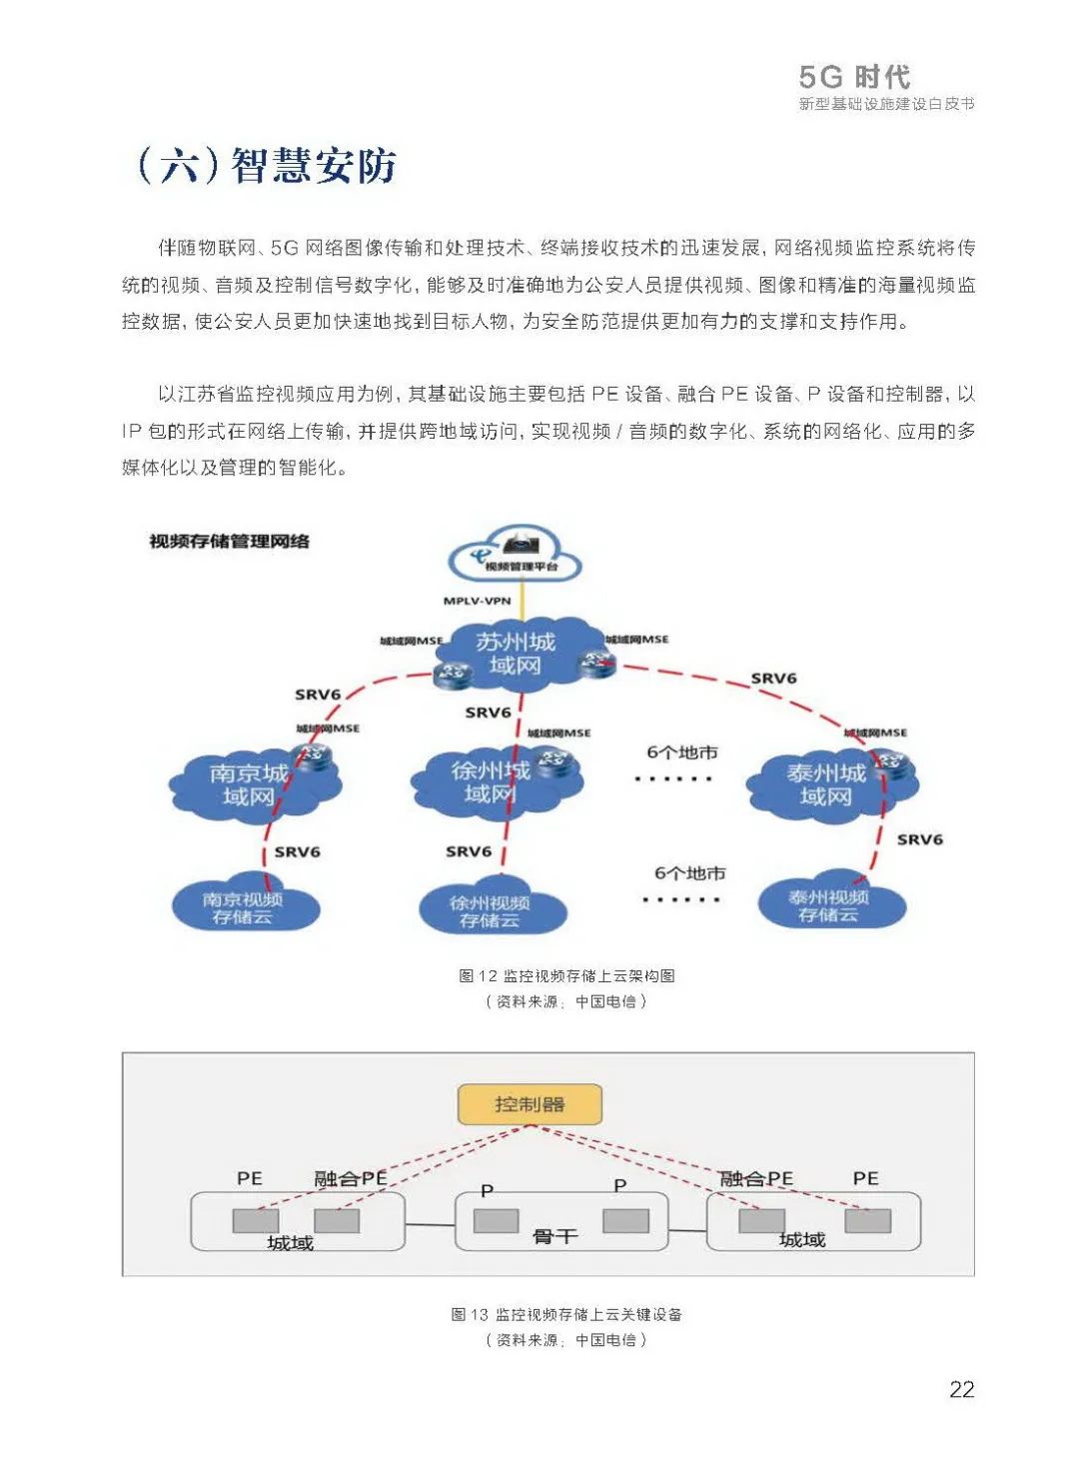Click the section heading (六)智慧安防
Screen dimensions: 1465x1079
[x=267, y=166]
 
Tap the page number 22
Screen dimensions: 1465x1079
[x=961, y=1389]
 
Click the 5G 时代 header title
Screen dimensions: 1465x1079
[x=855, y=77]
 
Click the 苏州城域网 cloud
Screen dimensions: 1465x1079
[x=515, y=654]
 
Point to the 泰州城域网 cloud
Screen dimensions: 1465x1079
[x=826, y=784]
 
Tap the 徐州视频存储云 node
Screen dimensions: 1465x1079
[x=490, y=910]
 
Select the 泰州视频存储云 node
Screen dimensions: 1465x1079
[x=829, y=905]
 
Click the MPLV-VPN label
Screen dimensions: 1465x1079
[x=477, y=601]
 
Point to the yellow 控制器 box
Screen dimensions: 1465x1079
[x=530, y=1104]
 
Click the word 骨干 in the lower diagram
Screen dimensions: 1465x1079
[x=555, y=1237]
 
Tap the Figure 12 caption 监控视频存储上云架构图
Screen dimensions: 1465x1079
[x=566, y=975]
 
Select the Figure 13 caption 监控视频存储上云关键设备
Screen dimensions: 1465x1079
[x=566, y=1314]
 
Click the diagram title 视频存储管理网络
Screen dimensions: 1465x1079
[x=230, y=542]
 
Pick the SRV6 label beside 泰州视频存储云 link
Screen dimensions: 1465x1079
[x=919, y=839]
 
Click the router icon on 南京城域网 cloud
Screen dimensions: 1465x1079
[x=314, y=755]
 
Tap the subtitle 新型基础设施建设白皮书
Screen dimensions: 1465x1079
[x=886, y=104]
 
